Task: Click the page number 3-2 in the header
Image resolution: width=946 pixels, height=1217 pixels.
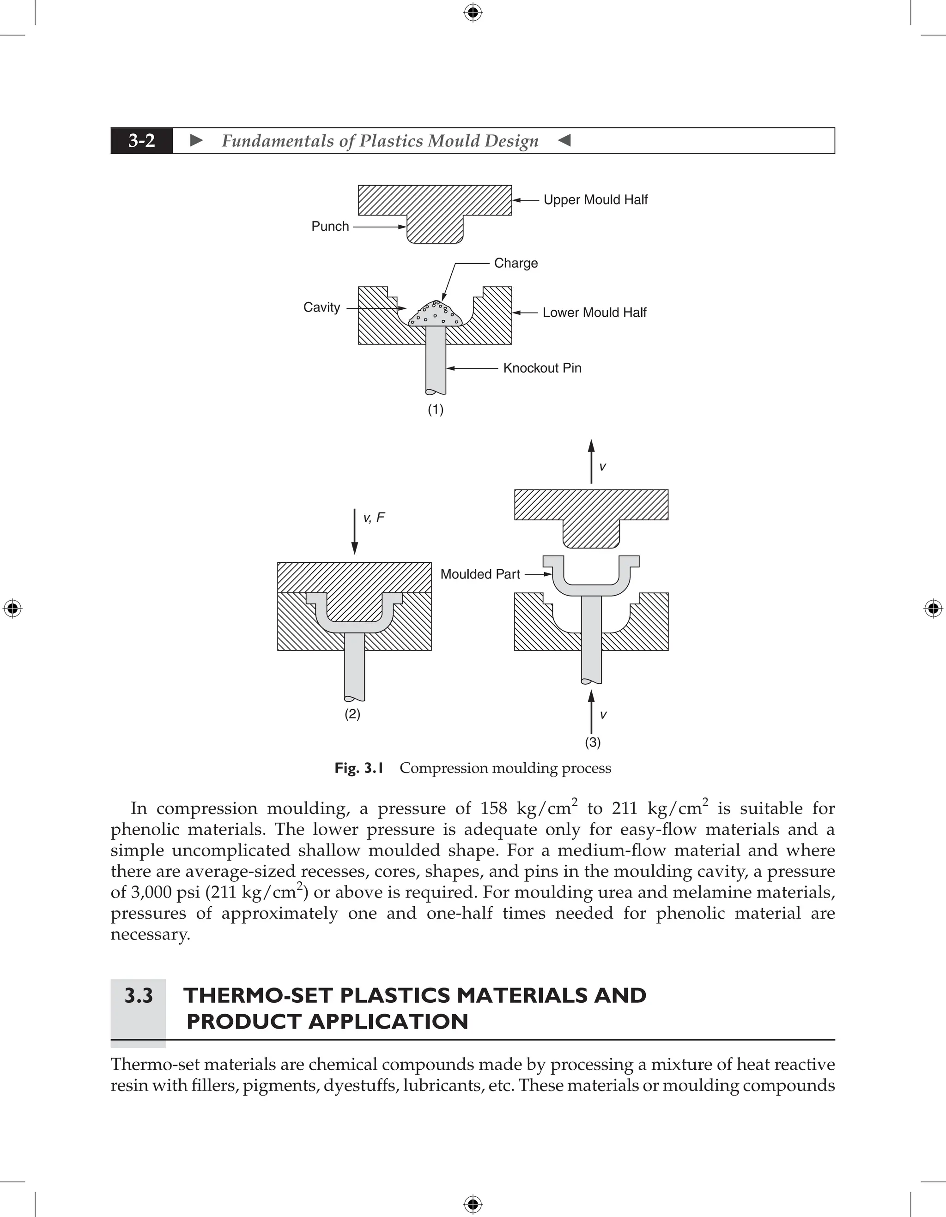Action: (x=142, y=141)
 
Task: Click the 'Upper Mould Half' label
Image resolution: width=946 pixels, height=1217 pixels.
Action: (x=595, y=199)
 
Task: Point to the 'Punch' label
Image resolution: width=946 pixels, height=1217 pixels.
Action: (x=330, y=226)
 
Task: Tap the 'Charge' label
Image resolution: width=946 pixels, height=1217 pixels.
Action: (x=515, y=263)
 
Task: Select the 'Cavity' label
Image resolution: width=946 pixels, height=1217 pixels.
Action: (x=321, y=307)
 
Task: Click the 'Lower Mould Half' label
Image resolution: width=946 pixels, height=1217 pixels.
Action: (x=594, y=313)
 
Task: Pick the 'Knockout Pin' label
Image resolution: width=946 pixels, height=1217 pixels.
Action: (x=542, y=368)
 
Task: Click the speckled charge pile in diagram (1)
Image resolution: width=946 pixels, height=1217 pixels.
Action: (x=434, y=315)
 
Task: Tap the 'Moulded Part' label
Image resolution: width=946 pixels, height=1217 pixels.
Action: (x=480, y=574)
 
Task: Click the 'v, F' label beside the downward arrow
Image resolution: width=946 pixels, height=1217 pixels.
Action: (x=374, y=518)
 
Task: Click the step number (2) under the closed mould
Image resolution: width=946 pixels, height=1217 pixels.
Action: (x=352, y=714)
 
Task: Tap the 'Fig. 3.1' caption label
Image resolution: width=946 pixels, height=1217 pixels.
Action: (x=358, y=768)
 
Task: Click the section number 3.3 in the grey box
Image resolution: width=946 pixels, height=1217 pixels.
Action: (x=138, y=995)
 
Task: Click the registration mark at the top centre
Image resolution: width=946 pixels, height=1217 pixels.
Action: (x=473, y=12)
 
